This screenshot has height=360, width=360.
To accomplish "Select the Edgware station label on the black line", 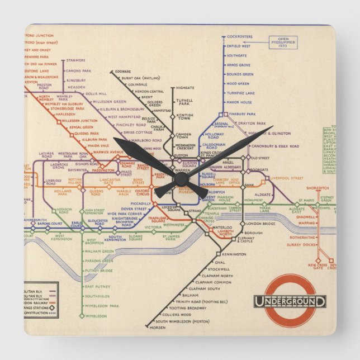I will click(x=123, y=71).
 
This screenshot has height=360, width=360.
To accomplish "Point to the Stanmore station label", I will click(x=75, y=60).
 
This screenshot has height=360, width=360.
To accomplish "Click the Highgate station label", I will click(x=185, y=88).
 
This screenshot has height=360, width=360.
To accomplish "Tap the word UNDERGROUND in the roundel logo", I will click(x=290, y=301).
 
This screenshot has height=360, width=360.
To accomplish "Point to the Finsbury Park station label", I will click(x=244, y=113).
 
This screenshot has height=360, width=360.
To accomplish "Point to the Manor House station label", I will click(x=239, y=102).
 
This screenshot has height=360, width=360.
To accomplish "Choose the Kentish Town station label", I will click(x=185, y=117).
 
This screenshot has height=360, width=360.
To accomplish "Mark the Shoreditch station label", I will click(x=317, y=188).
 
